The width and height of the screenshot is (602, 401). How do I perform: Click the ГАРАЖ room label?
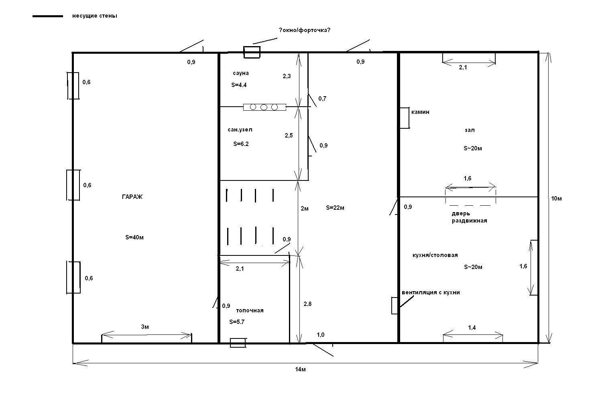coord(132,197)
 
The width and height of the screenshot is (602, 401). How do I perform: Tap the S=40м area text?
coord(134,237)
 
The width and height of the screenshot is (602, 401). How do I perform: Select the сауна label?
coord(241,73)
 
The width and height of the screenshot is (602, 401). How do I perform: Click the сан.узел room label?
coord(240,130)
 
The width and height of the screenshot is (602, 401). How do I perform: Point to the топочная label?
coord(250,310)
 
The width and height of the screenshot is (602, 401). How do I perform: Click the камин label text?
coord(420,112)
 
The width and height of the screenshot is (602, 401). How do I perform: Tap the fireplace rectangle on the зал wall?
coord(405,118)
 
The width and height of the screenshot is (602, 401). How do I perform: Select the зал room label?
coord(470,130)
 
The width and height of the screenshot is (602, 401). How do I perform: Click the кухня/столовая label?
coord(435,255)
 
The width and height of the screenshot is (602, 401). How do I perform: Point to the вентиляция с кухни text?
coord(431,292)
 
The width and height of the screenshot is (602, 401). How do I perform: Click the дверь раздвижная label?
coord(469,217)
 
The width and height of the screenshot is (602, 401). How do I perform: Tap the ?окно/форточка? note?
coord(305,30)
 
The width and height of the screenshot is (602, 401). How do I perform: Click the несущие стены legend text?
coord(95,16)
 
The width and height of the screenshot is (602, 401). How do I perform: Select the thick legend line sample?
coord(48,16)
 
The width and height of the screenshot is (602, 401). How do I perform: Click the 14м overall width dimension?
coord(301,369)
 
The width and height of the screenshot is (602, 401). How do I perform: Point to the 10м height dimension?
coord(556,198)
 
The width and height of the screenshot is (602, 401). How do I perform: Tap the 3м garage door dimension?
coord(145,327)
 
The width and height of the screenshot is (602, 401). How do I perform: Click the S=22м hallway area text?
coord(335,208)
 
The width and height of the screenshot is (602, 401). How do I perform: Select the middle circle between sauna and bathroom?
coord(264,107)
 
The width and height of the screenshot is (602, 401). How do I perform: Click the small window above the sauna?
coord(252,52)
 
